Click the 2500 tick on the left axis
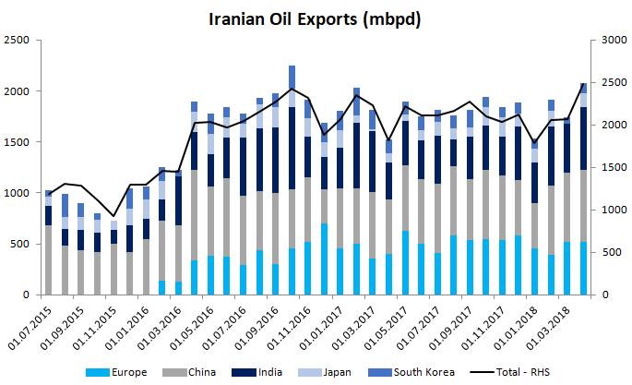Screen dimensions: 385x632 [x=17, y=41]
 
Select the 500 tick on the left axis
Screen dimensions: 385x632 [x=19, y=245]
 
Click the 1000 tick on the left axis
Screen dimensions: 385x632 [x=17, y=194]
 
